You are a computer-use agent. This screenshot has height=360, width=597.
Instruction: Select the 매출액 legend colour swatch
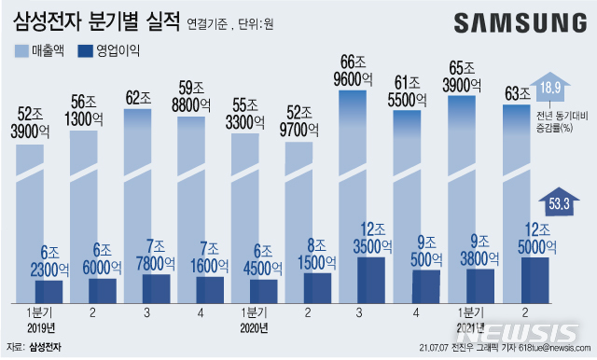(21, 50)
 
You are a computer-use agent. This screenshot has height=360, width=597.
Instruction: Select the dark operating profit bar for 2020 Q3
(370, 278)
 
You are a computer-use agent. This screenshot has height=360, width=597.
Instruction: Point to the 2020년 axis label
(254, 328)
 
